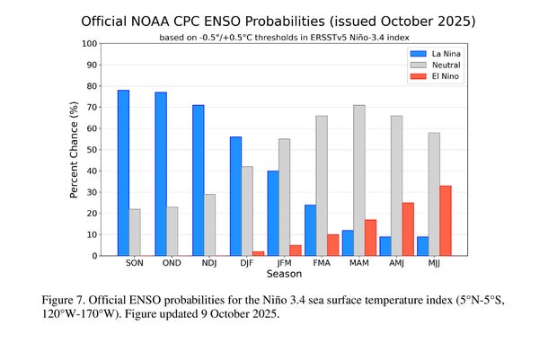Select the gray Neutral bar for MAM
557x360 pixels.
click(x=359, y=180)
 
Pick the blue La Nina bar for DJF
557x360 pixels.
click(x=235, y=197)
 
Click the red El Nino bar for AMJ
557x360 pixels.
click(x=409, y=229)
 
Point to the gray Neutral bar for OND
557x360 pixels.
click(x=172, y=232)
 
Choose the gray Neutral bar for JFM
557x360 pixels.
click(x=284, y=198)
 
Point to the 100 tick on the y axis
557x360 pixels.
click(x=91, y=43)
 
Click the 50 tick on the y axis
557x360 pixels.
click(x=93, y=150)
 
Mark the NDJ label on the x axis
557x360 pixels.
click(x=209, y=264)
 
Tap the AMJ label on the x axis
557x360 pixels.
click(x=397, y=264)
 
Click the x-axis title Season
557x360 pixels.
click(x=284, y=274)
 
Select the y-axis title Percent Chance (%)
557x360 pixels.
click(x=74, y=150)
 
